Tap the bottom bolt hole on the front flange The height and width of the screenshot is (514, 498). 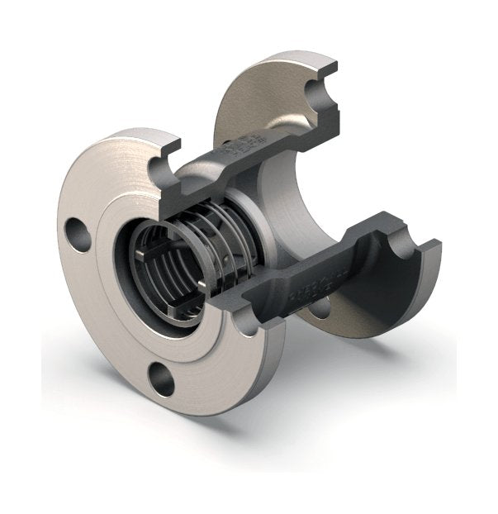pyautogui.click(x=162, y=378)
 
